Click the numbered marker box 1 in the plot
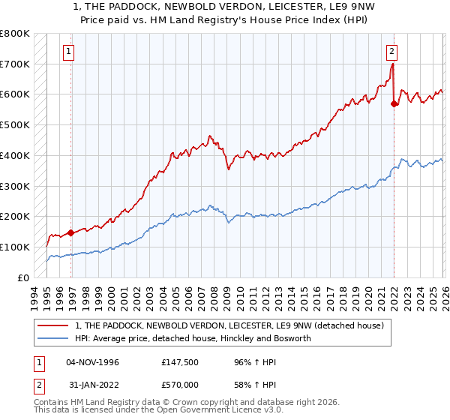68,52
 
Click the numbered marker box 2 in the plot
391,52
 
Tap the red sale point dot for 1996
71,232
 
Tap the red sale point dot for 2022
394,104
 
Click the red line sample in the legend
55,325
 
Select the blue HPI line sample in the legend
55,338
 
